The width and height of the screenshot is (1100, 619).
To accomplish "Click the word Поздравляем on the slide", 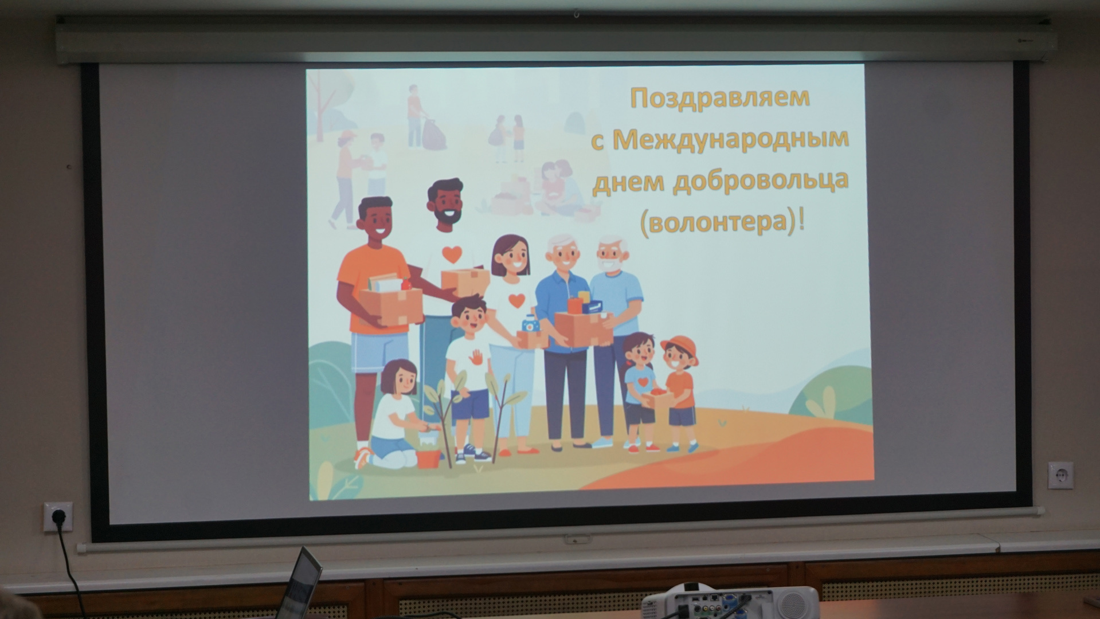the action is coord(720,98).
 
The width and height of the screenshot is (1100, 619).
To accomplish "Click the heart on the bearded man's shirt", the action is coord(452,254).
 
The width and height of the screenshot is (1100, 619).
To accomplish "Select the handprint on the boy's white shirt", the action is coord(476,357).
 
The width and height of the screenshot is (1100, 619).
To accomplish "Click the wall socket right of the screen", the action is coord(1060,475).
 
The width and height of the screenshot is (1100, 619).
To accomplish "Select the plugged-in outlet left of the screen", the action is coord(58,516).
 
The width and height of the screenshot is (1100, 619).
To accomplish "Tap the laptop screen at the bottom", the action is coord(303,585).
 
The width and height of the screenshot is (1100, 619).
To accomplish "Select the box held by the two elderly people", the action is coord(584,329).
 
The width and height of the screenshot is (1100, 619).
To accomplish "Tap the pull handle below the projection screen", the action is coord(577,539).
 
